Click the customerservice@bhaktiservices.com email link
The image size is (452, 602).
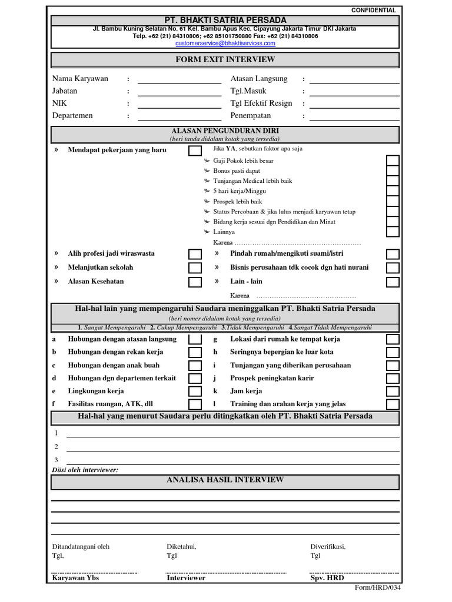(x=225, y=43)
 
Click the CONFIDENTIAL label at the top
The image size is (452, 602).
(x=374, y=11)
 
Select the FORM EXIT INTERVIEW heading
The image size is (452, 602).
(x=225, y=60)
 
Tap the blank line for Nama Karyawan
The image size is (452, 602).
(x=180, y=79)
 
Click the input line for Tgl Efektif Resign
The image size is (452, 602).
(x=354, y=104)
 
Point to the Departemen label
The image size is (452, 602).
(x=72, y=116)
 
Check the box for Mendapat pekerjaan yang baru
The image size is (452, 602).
(x=194, y=150)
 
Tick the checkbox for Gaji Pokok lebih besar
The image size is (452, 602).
(x=393, y=160)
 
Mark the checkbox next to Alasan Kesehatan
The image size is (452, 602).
(x=194, y=282)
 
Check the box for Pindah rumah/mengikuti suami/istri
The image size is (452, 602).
(x=393, y=254)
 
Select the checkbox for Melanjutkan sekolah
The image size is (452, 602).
(x=194, y=268)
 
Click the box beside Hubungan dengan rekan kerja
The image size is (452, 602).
(x=194, y=353)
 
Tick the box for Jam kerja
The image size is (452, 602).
(x=393, y=392)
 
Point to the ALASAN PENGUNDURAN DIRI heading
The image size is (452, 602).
(x=225, y=131)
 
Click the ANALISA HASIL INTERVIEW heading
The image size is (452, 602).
(x=225, y=480)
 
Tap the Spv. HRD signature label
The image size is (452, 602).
(x=327, y=578)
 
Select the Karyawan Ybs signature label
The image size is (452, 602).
(x=76, y=578)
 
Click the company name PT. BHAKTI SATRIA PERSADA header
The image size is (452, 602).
(x=225, y=21)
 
